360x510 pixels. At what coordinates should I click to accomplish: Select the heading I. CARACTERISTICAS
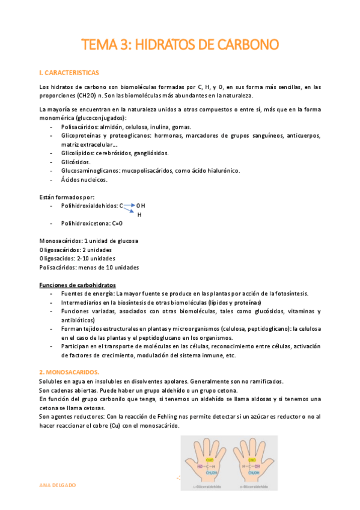pyautogui.click(x=69, y=73)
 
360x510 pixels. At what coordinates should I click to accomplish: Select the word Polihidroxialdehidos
pyautogui.click(x=89, y=206)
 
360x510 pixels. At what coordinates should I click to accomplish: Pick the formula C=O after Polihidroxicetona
pyautogui.click(x=117, y=223)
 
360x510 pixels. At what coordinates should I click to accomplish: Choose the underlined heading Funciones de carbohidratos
pyautogui.click(x=78, y=284)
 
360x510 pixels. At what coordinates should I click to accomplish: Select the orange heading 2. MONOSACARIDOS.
pyautogui.click(x=69, y=373)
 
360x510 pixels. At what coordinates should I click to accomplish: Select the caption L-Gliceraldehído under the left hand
pyautogui.click(x=213, y=487)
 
